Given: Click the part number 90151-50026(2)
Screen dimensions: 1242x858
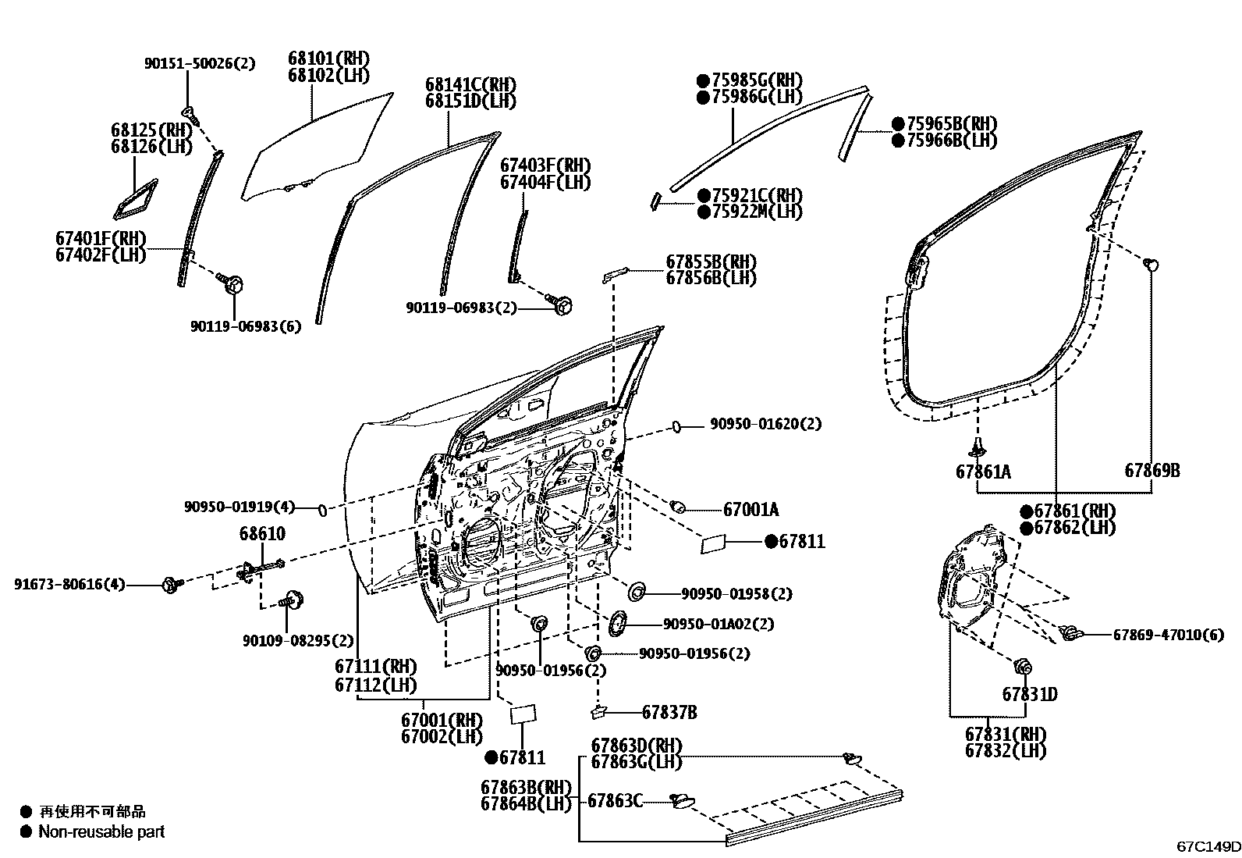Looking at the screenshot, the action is click(x=200, y=63).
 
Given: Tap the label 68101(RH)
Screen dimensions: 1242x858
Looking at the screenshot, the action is click(x=328, y=59).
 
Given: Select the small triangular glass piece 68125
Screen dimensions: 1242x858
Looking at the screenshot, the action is click(x=135, y=199).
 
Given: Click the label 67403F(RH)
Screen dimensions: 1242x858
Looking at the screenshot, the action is click(x=545, y=166).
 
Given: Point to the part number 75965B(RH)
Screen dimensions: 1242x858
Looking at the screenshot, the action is click(x=952, y=123).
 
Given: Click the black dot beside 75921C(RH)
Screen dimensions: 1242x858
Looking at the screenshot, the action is click(x=704, y=195).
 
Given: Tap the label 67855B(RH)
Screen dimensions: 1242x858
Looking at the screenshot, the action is click(x=711, y=262).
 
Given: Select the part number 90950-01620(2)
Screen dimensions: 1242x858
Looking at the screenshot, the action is click(x=765, y=424).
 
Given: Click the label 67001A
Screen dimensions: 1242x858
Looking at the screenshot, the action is click(x=751, y=510).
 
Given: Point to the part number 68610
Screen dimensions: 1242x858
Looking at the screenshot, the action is click(x=262, y=533).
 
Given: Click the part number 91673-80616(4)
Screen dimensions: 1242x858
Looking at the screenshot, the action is click(x=70, y=585).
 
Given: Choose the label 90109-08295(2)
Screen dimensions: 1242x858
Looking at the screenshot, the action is click(x=298, y=641).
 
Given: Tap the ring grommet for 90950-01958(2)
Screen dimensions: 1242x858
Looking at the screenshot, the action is click(x=637, y=592).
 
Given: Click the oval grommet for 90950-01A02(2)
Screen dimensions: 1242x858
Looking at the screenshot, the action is click(x=617, y=624).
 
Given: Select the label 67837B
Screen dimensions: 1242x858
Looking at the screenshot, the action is click(x=670, y=712).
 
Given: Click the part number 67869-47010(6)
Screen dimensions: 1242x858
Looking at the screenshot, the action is click(x=1168, y=635).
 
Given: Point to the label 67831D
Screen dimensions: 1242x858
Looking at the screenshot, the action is click(x=1030, y=694).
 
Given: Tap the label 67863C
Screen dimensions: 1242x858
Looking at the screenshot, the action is click(x=615, y=801).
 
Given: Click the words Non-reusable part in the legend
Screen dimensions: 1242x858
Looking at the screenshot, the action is click(x=101, y=832).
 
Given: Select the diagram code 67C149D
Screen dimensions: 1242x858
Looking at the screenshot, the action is click(x=1208, y=846).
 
